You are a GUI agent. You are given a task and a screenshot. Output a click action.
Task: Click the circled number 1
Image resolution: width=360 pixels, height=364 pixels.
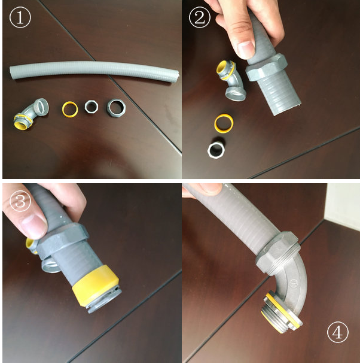pyautogui.click(x=20, y=17)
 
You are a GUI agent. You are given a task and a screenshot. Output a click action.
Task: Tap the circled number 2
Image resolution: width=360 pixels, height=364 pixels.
pyautogui.click(x=200, y=17)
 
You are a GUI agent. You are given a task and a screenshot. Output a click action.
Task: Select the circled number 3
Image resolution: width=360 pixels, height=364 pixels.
pyautogui.click(x=20, y=201)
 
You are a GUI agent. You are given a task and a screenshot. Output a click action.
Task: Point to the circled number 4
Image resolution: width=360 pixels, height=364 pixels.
pyautogui.click(x=337, y=332)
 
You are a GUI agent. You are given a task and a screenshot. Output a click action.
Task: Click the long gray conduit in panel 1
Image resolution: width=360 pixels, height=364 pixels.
pyautogui.click(x=94, y=69)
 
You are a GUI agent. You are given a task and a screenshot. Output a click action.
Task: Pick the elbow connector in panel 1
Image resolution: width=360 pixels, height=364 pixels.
pyautogui.click(x=31, y=113)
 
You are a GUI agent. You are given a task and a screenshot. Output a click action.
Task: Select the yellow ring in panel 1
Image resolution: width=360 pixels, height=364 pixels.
pyautogui.click(x=70, y=108)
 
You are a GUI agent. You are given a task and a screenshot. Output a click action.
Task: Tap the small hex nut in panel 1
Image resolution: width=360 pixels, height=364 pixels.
pyautogui.click(x=91, y=107)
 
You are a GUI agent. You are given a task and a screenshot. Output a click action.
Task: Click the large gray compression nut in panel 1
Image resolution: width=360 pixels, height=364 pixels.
pyautogui.click(x=116, y=108)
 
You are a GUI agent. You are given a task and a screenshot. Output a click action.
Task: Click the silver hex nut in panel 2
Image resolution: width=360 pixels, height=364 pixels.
pyautogui.click(x=216, y=150)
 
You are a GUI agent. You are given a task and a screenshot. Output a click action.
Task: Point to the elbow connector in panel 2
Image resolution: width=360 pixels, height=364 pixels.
pyautogui.click(x=231, y=80)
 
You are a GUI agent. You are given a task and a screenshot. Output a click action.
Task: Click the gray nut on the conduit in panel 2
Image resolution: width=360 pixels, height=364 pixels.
pyautogui.click(x=267, y=67)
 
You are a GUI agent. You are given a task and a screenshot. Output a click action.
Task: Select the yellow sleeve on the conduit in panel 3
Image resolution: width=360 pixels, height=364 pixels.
pyautogui.click(x=95, y=283)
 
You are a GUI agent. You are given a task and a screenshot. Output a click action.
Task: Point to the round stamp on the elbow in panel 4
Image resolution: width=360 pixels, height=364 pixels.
pyautogui.click(x=294, y=283)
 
